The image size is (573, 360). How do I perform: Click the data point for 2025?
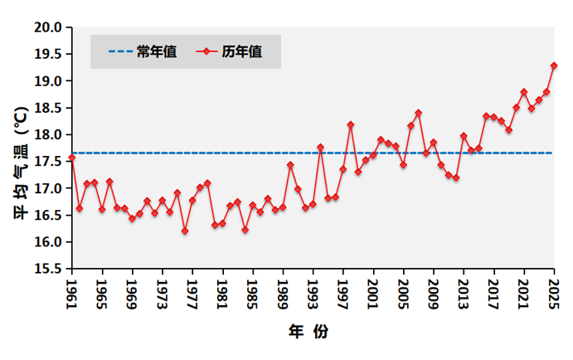(554, 66)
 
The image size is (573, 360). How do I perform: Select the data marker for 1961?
(72, 158)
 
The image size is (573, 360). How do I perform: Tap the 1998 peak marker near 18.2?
(351, 124)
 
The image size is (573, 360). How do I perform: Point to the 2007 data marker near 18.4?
(419, 113)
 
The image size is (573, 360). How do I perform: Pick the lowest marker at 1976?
(185, 231)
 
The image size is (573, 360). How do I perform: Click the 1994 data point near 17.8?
(320, 147)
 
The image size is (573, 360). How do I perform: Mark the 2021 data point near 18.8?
(524, 92)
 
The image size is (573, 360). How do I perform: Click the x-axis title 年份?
(308, 333)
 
